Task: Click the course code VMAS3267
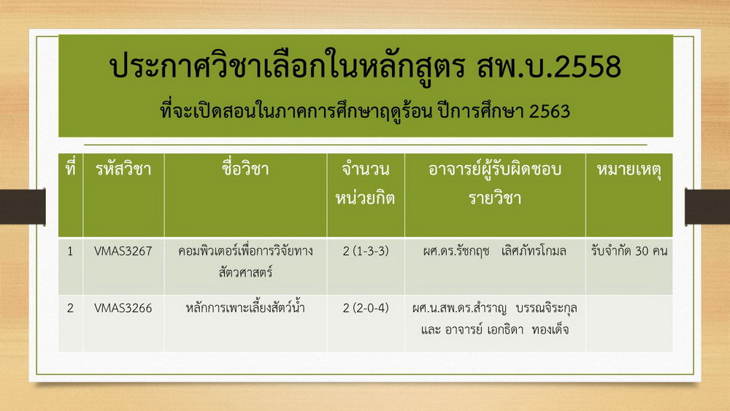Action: click(x=123, y=251)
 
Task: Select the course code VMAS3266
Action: click(x=123, y=308)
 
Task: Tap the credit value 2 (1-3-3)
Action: click(x=366, y=251)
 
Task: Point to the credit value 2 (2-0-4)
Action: click(x=366, y=308)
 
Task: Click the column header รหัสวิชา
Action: click(x=123, y=169)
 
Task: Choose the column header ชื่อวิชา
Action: click(x=245, y=168)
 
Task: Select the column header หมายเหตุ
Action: click(x=629, y=169)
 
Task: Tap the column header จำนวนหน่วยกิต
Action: click(x=366, y=183)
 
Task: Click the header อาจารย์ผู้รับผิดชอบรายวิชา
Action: click(x=495, y=183)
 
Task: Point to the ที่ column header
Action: click(x=70, y=167)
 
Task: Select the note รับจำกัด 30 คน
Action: click(x=629, y=251)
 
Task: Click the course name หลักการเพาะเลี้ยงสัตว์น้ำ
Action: click(x=245, y=307)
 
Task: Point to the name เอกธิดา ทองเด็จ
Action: click(x=528, y=329)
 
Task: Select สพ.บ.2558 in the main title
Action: click(x=550, y=66)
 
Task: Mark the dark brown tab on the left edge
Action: click(x=23, y=207)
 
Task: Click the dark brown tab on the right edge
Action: click(x=707, y=207)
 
